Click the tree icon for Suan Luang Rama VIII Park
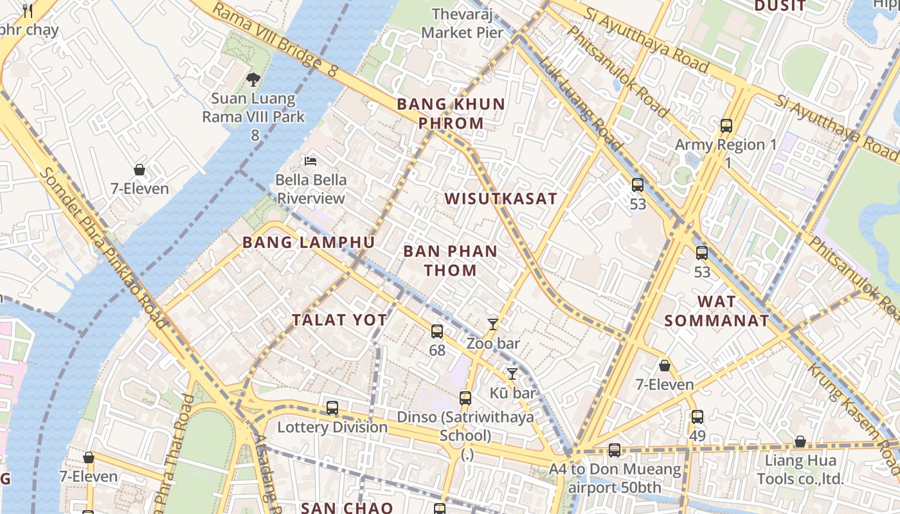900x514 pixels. point(253,80)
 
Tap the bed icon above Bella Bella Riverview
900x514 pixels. point(311,161)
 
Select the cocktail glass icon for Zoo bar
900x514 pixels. point(493,324)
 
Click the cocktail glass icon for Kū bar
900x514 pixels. point(512,373)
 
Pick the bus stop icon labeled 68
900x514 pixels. point(437,332)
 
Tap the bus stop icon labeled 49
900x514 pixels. point(697,417)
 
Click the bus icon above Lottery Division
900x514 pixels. point(332,408)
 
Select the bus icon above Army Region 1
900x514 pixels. point(726,126)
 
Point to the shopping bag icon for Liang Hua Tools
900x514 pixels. point(800,442)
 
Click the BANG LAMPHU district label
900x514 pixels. point(309,242)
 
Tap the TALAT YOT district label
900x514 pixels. point(339,320)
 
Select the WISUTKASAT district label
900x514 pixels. point(501,199)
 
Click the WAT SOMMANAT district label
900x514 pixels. point(717,311)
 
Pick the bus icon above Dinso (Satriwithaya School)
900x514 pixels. point(465,398)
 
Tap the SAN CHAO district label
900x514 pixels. point(347,508)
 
